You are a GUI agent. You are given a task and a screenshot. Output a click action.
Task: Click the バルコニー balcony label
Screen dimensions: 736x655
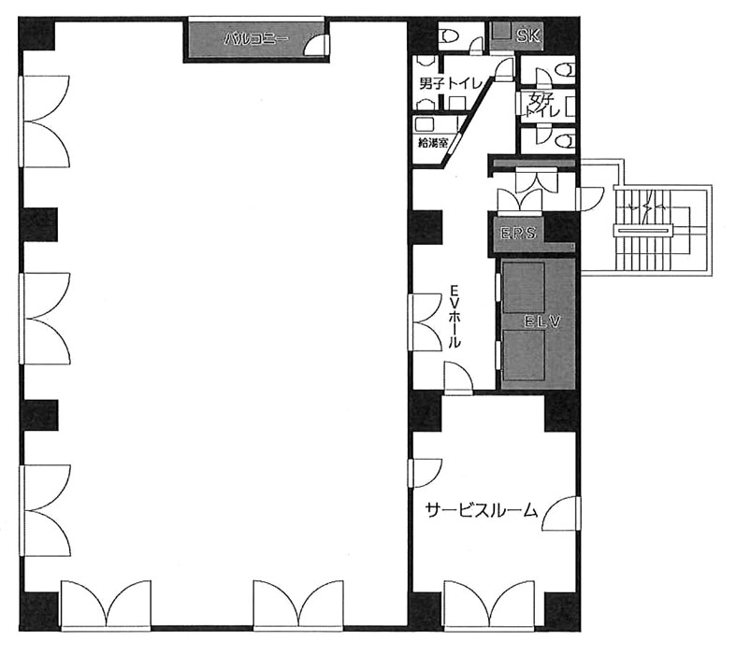(256, 39)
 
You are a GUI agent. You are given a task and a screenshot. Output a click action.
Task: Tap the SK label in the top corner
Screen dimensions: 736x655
(528, 36)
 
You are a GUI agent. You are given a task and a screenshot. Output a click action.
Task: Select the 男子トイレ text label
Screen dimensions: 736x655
(450, 84)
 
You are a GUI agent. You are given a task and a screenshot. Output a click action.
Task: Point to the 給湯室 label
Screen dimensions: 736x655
(433, 143)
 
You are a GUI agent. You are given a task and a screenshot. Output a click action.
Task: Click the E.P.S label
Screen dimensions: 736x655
(518, 233)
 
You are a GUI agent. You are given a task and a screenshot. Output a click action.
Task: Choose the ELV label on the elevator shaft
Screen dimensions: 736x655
(542, 321)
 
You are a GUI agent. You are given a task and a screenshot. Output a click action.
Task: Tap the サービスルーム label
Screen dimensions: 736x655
(481, 510)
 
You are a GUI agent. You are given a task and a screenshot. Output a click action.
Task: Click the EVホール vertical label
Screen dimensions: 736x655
(454, 316)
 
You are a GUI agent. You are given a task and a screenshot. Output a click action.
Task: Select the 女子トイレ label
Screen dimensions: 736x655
(542, 105)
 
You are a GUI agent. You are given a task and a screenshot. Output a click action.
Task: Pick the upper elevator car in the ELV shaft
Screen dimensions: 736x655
(524, 288)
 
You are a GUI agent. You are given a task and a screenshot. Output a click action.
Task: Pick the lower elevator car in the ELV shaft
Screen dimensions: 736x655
(524, 356)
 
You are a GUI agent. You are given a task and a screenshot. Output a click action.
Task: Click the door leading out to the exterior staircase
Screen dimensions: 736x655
(589, 199)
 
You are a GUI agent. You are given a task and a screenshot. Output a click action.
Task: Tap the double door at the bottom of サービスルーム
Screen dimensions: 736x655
(488, 605)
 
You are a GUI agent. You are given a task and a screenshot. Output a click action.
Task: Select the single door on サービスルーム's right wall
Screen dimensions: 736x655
(561, 513)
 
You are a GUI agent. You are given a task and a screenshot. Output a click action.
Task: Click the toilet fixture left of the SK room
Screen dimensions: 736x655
(449, 36)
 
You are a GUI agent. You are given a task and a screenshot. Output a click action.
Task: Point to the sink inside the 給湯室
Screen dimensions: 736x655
(426, 124)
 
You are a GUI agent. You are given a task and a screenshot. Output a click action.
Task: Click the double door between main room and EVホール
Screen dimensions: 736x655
(425, 321)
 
